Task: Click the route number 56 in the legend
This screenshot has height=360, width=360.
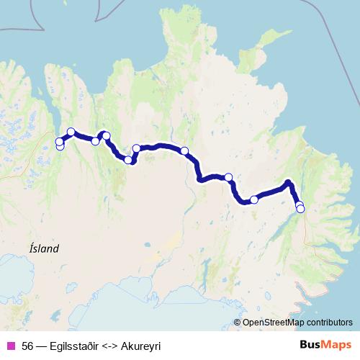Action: [27, 345]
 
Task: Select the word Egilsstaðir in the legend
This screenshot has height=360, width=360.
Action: [78, 345]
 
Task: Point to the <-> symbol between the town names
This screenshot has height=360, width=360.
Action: [115, 345]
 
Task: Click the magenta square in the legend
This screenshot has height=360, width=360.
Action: [10, 345]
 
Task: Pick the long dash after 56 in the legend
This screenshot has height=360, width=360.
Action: [42, 345]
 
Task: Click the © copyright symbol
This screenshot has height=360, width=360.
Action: [237, 322]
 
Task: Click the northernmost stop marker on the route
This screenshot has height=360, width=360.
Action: [71, 132]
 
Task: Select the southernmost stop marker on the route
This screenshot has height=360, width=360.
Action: [300, 209]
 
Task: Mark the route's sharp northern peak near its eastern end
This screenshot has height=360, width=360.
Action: [288, 182]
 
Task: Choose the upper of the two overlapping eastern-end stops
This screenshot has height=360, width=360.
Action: [299, 204]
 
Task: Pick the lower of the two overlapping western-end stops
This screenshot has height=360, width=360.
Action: [60, 146]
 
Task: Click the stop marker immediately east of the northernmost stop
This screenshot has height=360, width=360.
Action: [95, 141]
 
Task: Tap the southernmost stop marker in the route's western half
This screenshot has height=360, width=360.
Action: [129, 160]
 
